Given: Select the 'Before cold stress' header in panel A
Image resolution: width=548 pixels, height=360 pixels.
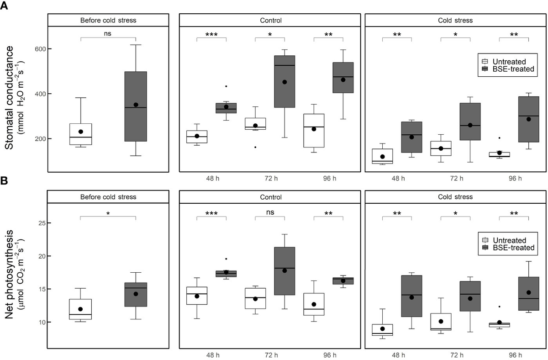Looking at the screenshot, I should point(108,20).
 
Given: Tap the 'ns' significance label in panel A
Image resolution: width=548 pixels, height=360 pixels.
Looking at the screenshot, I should point(108,33).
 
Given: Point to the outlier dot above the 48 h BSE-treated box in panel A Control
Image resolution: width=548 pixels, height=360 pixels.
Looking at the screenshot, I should point(226,86).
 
